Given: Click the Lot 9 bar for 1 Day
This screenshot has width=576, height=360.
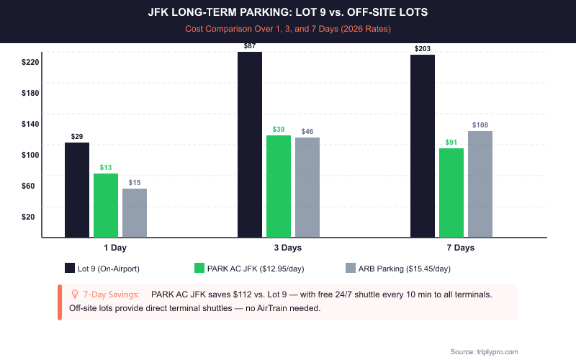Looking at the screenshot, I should click(x=77, y=189).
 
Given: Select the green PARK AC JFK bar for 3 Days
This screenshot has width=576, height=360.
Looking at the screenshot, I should click(x=279, y=186).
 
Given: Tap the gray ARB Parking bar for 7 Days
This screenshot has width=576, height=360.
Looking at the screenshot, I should click(x=480, y=184).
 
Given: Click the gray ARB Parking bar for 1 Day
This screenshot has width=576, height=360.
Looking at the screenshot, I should click(x=135, y=212).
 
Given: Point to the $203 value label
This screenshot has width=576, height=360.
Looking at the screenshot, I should click(x=423, y=49).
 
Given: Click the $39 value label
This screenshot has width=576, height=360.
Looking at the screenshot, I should click(x=279, y=130).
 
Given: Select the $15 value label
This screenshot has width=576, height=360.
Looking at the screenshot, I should click(x=135, y=183).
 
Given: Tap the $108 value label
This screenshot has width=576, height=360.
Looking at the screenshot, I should click(x=480, y=125).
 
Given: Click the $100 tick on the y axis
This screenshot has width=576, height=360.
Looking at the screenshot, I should click(x=30, y=156).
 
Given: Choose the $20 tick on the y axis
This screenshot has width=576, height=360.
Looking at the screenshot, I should click(x=30, y=217).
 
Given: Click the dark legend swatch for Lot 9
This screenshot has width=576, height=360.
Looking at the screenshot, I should click(x=70, y=269).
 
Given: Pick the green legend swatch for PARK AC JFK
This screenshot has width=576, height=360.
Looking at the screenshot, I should click(x=199, y=269).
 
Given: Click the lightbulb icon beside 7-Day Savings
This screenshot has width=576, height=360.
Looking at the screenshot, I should click(x=74, y=294).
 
